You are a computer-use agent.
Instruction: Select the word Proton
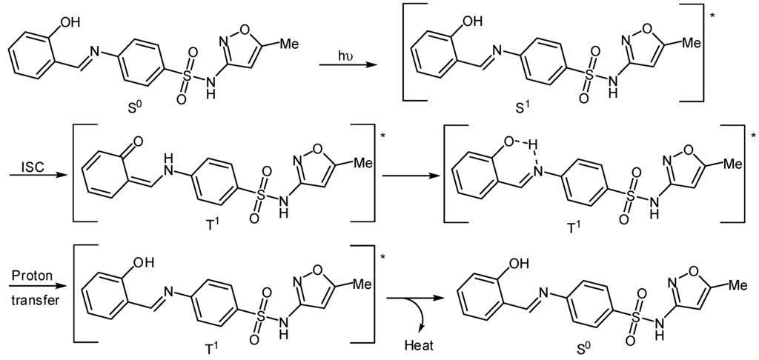point(31,275)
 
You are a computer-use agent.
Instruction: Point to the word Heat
point(419,346)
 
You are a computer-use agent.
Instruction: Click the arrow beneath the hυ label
point(348,67)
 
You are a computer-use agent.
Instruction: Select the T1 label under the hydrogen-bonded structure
point(573,227)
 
